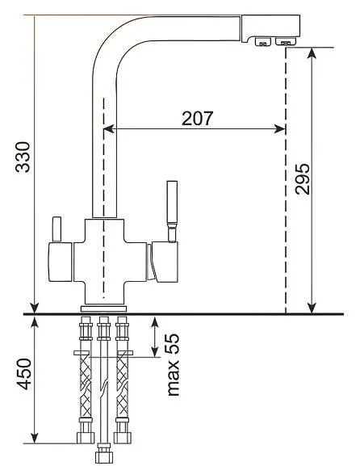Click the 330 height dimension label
(23, 157)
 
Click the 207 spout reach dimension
(198, 119)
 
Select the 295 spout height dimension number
(302, 179)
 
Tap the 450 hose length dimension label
(23, 374)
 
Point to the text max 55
(173, 365)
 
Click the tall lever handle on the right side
(172, 212)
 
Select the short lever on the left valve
(57, 229)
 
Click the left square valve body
(61, 262)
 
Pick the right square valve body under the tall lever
(165, 262)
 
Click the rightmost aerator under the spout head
(286, 42)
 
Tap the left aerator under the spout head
(263, 42)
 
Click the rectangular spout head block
(270, 27)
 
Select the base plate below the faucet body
(103, 309)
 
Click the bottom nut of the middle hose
(104, 455)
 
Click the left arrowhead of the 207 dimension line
(108, 129)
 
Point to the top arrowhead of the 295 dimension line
(312, 53)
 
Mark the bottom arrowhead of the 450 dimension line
(35, 438)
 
